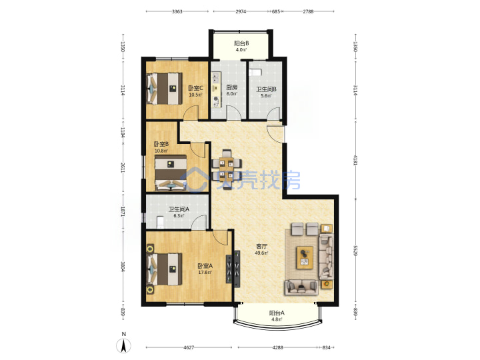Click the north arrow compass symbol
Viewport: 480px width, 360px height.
124,346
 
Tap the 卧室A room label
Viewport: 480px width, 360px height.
205,266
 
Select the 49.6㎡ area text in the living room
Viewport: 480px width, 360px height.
262,253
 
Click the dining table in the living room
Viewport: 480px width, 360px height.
227,169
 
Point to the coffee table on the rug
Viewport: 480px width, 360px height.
305,257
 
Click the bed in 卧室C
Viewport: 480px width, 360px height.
165,89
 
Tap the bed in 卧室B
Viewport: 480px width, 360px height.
171,173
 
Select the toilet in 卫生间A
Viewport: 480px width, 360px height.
161,222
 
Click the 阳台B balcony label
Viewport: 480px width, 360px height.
241,43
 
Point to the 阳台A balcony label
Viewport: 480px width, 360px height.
277,313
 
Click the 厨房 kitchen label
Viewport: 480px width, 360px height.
232,87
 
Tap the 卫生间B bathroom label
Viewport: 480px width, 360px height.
266,89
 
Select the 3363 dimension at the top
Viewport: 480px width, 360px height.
177,11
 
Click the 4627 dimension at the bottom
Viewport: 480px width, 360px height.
189,347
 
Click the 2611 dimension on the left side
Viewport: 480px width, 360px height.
123,167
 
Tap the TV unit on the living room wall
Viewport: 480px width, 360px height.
237,269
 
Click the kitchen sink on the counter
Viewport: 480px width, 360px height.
216,77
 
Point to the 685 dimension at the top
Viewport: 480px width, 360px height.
276,11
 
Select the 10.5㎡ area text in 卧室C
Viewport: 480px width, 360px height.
195,95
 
